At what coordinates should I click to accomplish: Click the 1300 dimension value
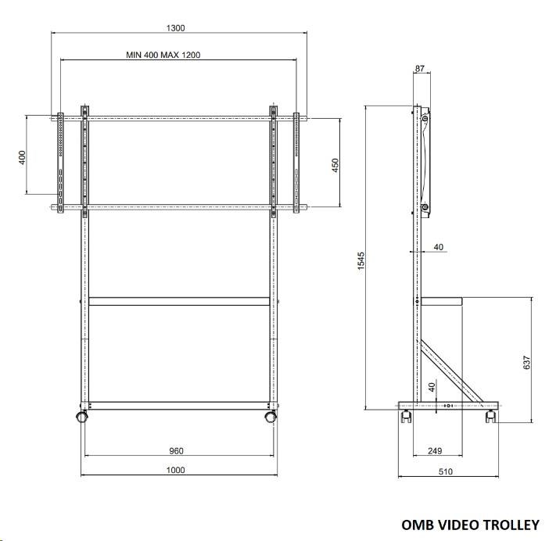coord(175,28)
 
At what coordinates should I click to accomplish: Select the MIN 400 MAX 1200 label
coord(163,55)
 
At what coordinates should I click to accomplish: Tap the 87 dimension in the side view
coord(420,69)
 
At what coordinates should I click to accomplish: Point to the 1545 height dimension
coord(361,261)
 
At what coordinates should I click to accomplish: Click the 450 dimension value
coord(335,166)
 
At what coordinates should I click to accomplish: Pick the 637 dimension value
coord(526,362)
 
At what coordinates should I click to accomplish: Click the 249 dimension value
coord(435,450)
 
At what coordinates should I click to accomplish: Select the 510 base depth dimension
coord(446,471)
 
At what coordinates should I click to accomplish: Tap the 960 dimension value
coord(176,450)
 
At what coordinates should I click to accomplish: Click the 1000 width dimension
coord(175,470)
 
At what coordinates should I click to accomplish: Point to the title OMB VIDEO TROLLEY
coord(470,525)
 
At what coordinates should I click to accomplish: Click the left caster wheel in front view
coord(82,416)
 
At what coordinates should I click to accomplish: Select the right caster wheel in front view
coord(271,416)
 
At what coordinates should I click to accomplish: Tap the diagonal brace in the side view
coord(450,371)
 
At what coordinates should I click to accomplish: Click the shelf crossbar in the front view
coord(179,301)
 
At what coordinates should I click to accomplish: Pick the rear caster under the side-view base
coord(491,416)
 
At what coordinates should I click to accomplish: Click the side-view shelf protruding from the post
coord(442,301)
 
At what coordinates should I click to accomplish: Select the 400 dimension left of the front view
coord(22,157)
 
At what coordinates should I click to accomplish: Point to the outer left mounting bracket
coord(60,163)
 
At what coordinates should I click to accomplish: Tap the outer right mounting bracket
coord(296,163)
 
